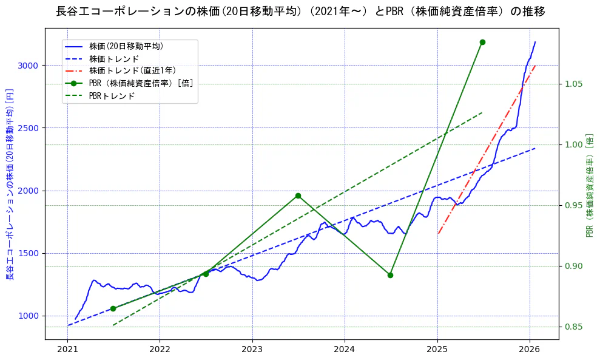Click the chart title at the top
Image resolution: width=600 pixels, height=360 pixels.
coord(300,12)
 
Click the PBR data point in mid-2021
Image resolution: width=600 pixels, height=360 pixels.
coord(113,308)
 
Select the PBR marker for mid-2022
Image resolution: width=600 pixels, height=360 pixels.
coord(206,274)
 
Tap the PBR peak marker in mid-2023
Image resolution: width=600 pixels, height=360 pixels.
coord(298,195)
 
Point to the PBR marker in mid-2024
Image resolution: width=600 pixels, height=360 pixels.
coord(390,275)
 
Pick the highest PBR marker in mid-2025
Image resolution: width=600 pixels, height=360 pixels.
coord(482,42)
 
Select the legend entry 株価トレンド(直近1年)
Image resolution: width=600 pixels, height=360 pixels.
coord(132,71)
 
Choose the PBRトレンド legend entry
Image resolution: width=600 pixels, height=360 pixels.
coord(112,96)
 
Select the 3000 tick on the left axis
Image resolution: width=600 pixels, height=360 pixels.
coord(28,66)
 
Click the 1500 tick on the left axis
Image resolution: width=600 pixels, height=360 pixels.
coord(28,253)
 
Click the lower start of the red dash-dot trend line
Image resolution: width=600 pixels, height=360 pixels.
coord(438,233)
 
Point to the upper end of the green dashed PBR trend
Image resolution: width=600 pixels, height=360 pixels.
coord(482,112)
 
